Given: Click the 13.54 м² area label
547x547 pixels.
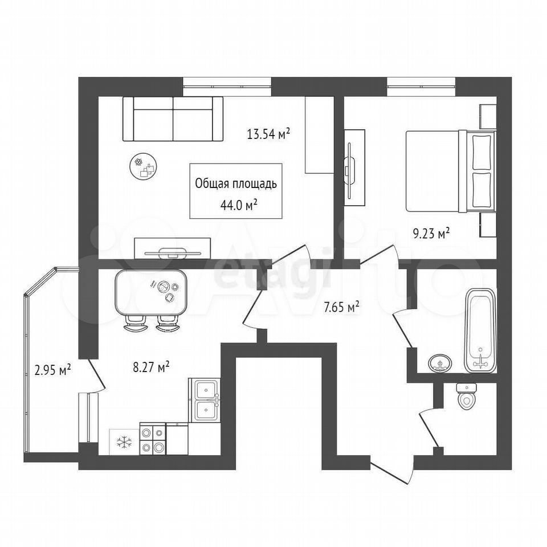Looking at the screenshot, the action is pyautogui.click(x=268, y=133).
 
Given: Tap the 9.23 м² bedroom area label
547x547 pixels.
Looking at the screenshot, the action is pyautogui.click(x=431, y=234).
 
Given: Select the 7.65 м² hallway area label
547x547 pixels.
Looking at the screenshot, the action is pyautogui.click(x=341, y=308).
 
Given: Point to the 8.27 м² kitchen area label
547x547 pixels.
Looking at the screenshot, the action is pyautogui.click(x=152, y=367).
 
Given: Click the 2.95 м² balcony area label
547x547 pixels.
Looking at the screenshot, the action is pyautogui.click(x=53, y=369).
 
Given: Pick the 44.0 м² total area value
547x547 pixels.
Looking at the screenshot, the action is pyautogui.click(x=239, y=205).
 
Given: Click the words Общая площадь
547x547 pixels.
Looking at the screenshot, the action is pyautogui.click(x=236, y=183).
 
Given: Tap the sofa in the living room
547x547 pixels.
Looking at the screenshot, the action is pyautogui.click(x=173, y=119).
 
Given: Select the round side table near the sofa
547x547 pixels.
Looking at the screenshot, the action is pyautogui.click(x=143, y=167).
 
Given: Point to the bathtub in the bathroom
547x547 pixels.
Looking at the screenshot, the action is pyautogui.click(x=480, y=330).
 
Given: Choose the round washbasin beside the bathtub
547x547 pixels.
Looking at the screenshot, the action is pyautogui.click(x=440, y=364).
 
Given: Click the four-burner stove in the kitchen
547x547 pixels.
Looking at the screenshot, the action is pyautogui.click(x=153, y=439).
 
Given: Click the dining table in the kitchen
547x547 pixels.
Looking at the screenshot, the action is pyautogui.click(x=152, y=292).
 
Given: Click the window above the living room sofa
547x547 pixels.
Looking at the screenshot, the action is pyautogui.click(x=227, y=87).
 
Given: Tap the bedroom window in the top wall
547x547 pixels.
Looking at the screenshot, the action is pyautogui.click(x=421, y=87).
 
